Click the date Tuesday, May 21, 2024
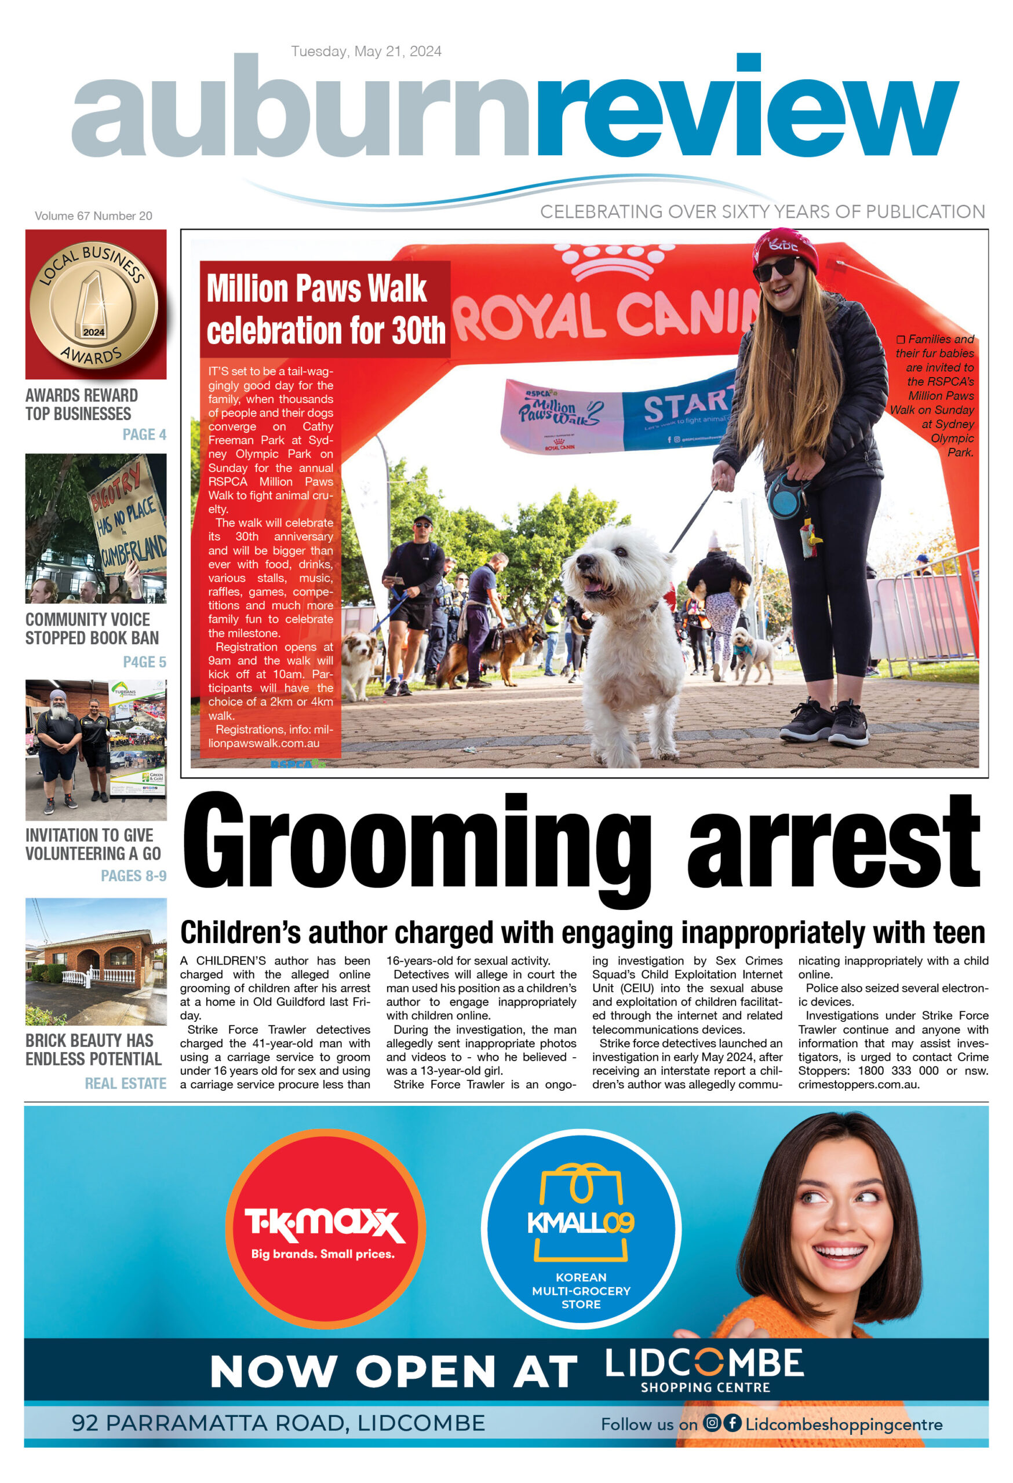[x=366, y=51]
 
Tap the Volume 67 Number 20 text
[x=93, y=215]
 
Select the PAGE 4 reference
[x=144, y=434]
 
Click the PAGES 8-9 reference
[x=133, y=875]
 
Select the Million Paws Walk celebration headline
[x=325, y=309]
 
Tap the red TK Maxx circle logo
[x=325, y=1228]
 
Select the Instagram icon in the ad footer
[x=712, y=1422]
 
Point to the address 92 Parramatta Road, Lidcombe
[x=278, y=1423]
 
